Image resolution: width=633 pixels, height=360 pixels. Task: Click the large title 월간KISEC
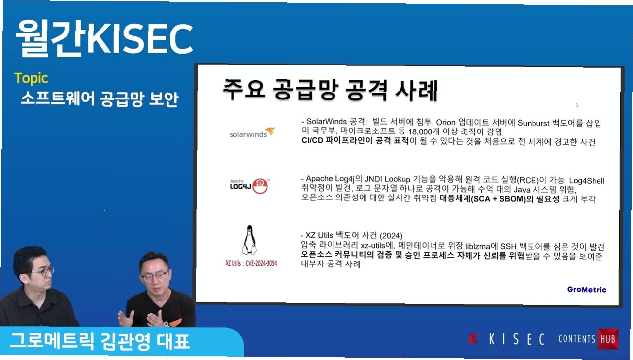pos(104,38)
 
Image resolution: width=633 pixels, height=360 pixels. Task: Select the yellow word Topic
pos(31,78)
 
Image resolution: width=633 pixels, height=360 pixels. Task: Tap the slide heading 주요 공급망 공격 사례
pos(330,90)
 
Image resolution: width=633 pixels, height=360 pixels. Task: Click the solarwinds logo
pos(252,132)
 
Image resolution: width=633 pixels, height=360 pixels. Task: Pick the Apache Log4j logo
pos(250,186)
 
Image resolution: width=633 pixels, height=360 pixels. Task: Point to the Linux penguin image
pos(249,240)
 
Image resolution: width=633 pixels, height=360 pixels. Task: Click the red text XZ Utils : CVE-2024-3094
pos(251,263)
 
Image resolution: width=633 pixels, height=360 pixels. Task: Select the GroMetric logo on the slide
pos(587,290)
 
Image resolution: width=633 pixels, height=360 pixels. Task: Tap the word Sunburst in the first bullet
pos(533,123)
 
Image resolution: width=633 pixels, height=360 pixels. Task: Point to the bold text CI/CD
pos(312,140)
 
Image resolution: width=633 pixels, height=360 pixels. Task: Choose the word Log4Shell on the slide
pos(586,181)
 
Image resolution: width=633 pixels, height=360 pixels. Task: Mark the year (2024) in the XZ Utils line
pos(391,236)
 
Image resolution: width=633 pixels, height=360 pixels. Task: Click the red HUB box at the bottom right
pos(608,339)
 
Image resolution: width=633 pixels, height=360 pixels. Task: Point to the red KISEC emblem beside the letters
pos(473,338)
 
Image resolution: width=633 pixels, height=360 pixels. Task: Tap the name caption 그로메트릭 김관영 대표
pos(100,341)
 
